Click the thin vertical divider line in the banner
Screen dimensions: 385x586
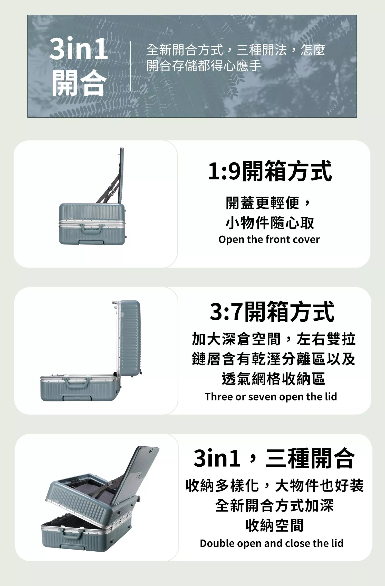(x=130, y=66)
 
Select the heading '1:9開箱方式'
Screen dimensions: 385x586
(x=270, y=171)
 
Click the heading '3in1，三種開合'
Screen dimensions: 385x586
(x=274, y=458)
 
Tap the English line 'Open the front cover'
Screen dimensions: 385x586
(x=269, y=240)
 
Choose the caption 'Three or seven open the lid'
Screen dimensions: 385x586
(x=271, y=397)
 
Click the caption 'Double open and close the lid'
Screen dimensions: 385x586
(x=272, y=543)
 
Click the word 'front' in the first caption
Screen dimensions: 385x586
(x=278, y=239)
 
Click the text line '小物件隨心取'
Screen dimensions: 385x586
(x=270, y=223)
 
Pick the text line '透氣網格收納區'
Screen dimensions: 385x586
(x=274, y=379)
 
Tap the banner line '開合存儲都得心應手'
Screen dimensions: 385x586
(x=204, y=66)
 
